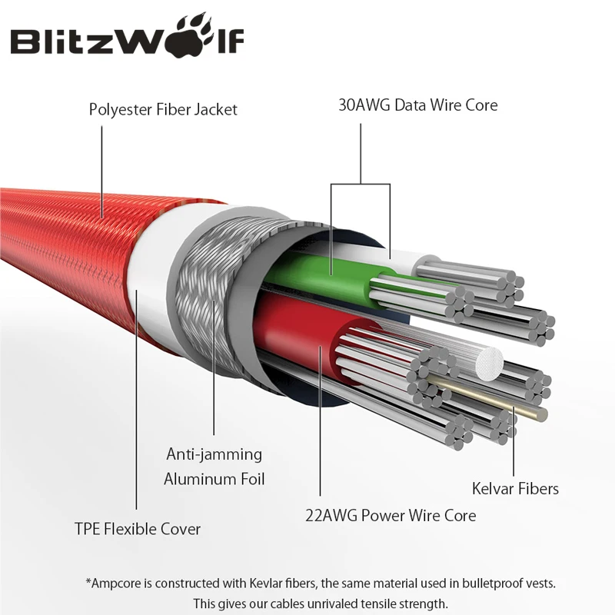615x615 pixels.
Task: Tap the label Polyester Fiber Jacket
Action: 163,109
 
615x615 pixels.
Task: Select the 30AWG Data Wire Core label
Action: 417,105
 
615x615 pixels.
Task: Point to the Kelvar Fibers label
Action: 515,488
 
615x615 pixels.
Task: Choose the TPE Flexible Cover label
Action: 137,529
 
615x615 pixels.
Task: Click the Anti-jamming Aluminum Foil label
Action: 214,467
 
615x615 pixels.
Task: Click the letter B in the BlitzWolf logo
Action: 29,42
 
